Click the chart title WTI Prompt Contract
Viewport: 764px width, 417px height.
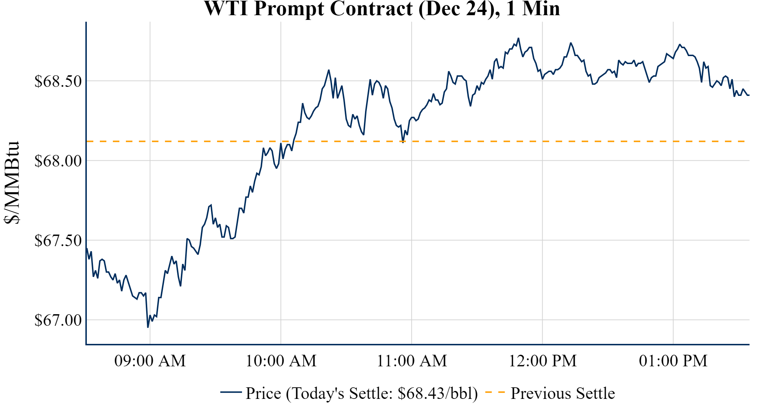(382, 9)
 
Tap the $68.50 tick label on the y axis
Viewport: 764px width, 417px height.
(58, 81)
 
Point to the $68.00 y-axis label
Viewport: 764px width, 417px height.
(58, 161)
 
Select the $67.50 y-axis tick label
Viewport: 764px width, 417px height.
(58, 240)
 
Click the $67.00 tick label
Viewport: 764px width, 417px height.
(58, 320)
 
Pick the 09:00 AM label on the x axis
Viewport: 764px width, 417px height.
(150, 361)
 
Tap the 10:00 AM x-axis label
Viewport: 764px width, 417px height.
(281, 361)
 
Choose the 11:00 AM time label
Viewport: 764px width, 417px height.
(412, 361)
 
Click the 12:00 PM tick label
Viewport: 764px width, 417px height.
(542, 361)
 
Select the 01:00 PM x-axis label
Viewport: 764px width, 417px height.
(673, 361)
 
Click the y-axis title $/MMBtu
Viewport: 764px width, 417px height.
(12, 182)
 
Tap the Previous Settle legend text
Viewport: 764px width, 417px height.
(563, 393)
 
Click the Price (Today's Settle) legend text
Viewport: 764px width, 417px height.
(362, 393)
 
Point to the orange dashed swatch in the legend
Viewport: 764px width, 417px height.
(495, 392)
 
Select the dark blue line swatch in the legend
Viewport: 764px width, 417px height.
(231, 392)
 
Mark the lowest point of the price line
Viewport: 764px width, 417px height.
(148, 327)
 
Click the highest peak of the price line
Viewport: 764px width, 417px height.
(518, 38)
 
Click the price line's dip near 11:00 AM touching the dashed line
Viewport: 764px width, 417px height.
(403, 142)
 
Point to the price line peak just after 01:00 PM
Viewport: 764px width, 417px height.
(680, 45)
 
